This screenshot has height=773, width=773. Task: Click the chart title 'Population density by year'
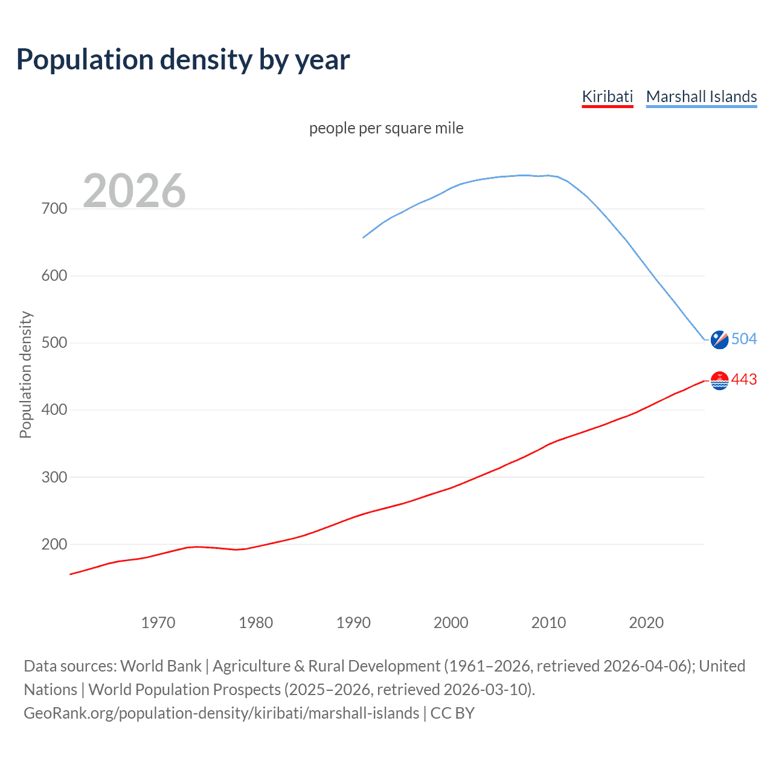[183, 60]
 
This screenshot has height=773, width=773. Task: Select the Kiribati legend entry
[607, 97]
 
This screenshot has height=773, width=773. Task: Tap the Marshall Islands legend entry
[701, 97]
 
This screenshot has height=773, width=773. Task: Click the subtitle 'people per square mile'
[386, 128]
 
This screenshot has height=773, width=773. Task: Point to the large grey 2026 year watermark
[134, 191]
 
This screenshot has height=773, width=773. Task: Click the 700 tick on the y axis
[54, 209]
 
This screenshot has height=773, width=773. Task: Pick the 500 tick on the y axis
[54, 343]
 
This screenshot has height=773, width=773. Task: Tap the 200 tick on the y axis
[54, 544]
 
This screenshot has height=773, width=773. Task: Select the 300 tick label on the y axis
[54, 477]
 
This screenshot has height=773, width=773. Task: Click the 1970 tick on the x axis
[158, 623]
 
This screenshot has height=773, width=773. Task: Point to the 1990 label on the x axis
[353, 623]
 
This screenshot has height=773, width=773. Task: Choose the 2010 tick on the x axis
[548, 623]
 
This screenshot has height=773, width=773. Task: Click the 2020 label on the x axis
[646, 623]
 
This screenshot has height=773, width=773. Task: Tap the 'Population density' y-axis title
[25, 374]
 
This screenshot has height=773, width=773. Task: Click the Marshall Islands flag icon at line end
[719, 339]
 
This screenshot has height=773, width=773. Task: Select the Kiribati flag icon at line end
[719, 380]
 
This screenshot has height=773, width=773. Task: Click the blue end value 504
[744, 339]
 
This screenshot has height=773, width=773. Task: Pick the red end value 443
[744, 379]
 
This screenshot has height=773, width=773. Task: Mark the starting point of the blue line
[363, 237]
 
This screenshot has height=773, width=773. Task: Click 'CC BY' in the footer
[452, 713]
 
